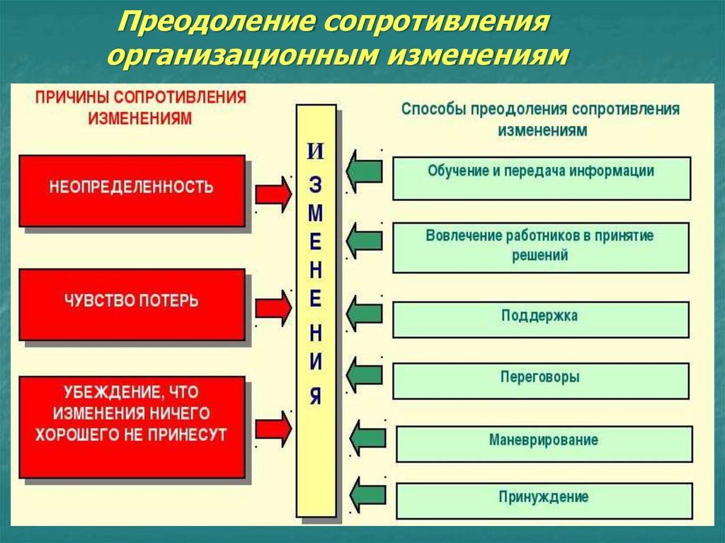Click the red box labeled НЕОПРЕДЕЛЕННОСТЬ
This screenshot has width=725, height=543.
[x=132, y=190]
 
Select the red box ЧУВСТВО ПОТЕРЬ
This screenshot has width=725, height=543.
[x=132, y=302]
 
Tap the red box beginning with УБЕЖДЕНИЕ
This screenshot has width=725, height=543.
[x=132, y=425]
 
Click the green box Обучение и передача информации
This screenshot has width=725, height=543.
[x=541, y=178]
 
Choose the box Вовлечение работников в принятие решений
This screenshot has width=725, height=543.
[x=540, y=247]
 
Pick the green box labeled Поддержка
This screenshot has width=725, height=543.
[x=540, y=319]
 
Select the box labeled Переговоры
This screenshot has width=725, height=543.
[x=540, y=380]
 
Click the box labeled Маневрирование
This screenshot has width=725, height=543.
[x=544, y=443]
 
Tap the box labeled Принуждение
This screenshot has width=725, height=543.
[x=544, y=500]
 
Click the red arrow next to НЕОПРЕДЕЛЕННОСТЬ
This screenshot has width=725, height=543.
[x=273, y=193]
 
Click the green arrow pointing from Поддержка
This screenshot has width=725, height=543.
[x=365, y=311]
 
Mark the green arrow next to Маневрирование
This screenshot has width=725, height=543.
[x=368, y=438]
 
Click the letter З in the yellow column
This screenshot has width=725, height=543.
[x=316, y=185]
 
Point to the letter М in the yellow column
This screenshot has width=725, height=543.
[x=316, y=213]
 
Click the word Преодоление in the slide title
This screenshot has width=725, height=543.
[x=216, y=21]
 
